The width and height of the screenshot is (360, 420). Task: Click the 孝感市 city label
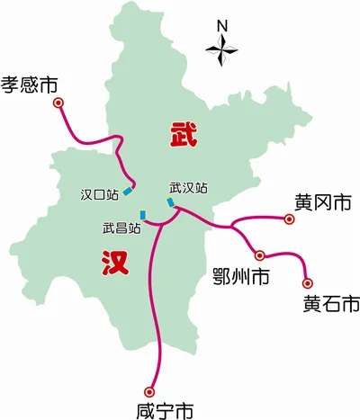pyautogui.click(x=29, y=85)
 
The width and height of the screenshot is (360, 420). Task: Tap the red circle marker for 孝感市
pyautogui.click(x=60, y=104)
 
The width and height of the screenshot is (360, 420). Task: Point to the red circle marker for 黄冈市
pyautogui.click(x=289, y=219)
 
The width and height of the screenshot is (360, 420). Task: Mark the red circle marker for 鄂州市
pyautogui.click(x=259, y=255)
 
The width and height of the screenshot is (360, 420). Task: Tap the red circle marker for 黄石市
pyautogui.click(x=307, y=282)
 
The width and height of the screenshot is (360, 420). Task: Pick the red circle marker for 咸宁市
pyautogui.click(x=149, y=390)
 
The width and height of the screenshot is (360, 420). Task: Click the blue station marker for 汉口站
pyautogui.click(x=128, y=190)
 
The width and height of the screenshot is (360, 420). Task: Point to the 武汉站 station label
pyautogui.click(x=188, y=188)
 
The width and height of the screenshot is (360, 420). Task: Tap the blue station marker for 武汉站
pyautogui.click(x=170, y=203)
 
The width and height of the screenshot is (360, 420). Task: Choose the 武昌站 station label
pyautogui.click(x=121, y=228)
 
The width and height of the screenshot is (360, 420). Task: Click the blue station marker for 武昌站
pyautogui.click(x=142, y=213)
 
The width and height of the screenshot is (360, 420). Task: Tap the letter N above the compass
pyautogui.click(x=222, y=25)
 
